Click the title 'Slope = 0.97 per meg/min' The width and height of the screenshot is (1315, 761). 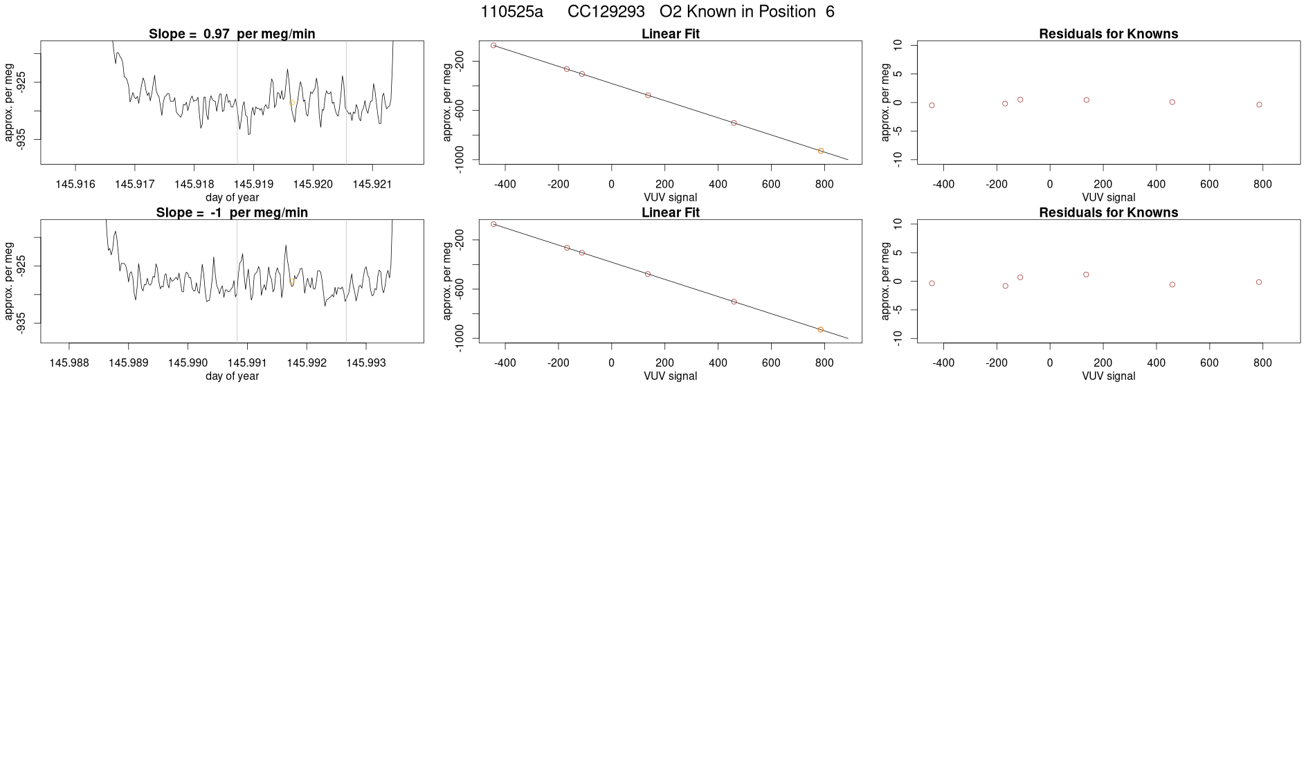(232, 34)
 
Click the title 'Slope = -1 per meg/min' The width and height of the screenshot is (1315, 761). (232, 212)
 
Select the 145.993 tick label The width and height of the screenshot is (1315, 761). (366, 363)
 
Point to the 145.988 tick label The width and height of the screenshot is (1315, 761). (69, 363)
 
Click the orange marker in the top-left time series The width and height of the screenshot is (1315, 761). (292, 102)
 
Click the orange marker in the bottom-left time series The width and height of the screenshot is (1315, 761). (291, 282)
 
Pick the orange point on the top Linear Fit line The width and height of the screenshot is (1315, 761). (821, 151)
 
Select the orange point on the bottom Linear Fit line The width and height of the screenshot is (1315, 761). (821, 330)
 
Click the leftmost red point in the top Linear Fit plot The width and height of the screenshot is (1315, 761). (493, 46)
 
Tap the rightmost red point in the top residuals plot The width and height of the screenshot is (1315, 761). (1259, 105)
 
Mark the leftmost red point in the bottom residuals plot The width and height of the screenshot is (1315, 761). (932, 284)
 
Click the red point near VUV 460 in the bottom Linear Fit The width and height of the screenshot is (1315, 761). (734, 302)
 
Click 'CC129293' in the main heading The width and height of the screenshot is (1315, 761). (606, 12)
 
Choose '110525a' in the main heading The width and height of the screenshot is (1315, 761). (511, 12)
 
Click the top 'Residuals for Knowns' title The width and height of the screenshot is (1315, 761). (1108, 34)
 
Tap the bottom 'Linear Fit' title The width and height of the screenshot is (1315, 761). (671, 212)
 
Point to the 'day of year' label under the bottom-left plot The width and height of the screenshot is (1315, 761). (232, 376)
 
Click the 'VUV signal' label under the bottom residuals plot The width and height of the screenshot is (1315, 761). (1108, 376)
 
